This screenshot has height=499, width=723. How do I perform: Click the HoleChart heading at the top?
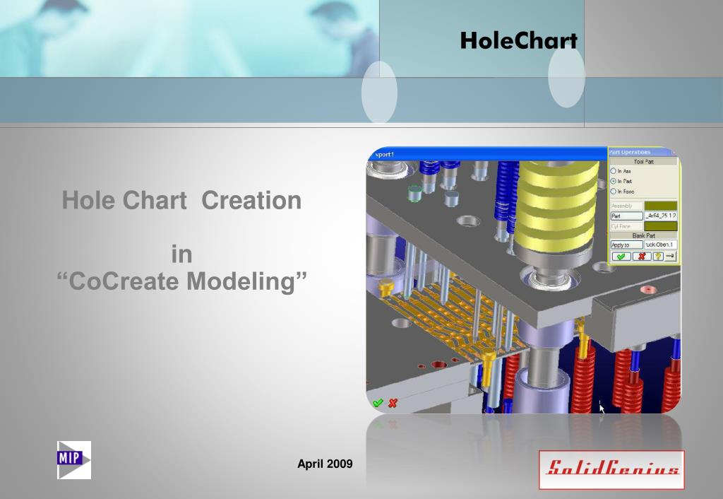tap(518, 41)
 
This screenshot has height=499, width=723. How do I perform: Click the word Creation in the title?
tap(251, 200)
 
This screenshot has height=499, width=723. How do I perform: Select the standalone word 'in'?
tap(181, 254)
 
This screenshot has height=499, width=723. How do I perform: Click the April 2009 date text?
tap(325, 464)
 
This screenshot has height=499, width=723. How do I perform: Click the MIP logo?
tap(73, 459)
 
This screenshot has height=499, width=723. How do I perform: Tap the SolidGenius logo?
tap(611, 469)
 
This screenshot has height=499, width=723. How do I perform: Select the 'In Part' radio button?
tap(614, 181)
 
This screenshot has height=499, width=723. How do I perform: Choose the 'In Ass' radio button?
tap(614, 171)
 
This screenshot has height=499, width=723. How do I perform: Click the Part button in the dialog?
tap(626, 216)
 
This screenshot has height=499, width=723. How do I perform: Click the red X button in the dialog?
tap(643, 256)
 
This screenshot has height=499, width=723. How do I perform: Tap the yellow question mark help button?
tap(657, 256)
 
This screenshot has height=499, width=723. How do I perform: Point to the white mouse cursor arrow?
tap(602, 408)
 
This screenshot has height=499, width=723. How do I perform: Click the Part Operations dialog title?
tap(631, 152)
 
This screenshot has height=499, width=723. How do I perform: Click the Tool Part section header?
tap(643, 161)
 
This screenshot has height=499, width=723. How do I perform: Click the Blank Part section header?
tap(643, 236)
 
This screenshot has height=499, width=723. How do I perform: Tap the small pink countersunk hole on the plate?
tap(644, 290)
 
